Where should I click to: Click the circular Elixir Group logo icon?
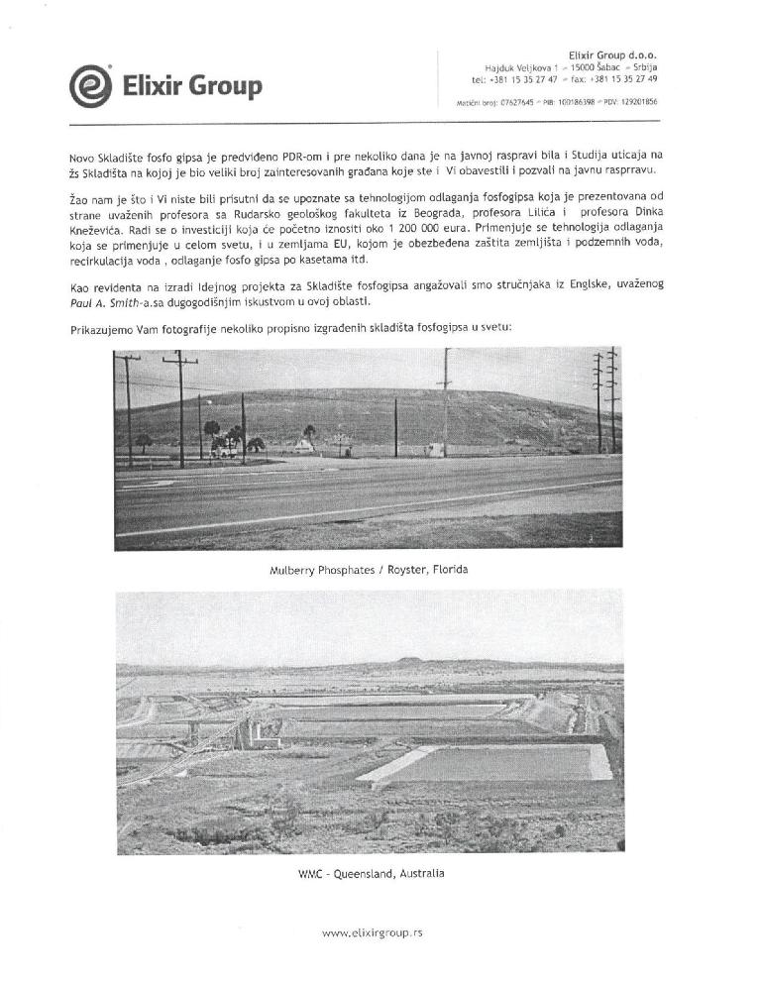89,86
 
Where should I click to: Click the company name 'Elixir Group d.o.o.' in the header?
612,55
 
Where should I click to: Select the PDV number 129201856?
635,102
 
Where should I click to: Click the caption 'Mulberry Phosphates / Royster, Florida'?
369,571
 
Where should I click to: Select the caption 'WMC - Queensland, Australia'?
371,873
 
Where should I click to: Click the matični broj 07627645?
516,102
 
